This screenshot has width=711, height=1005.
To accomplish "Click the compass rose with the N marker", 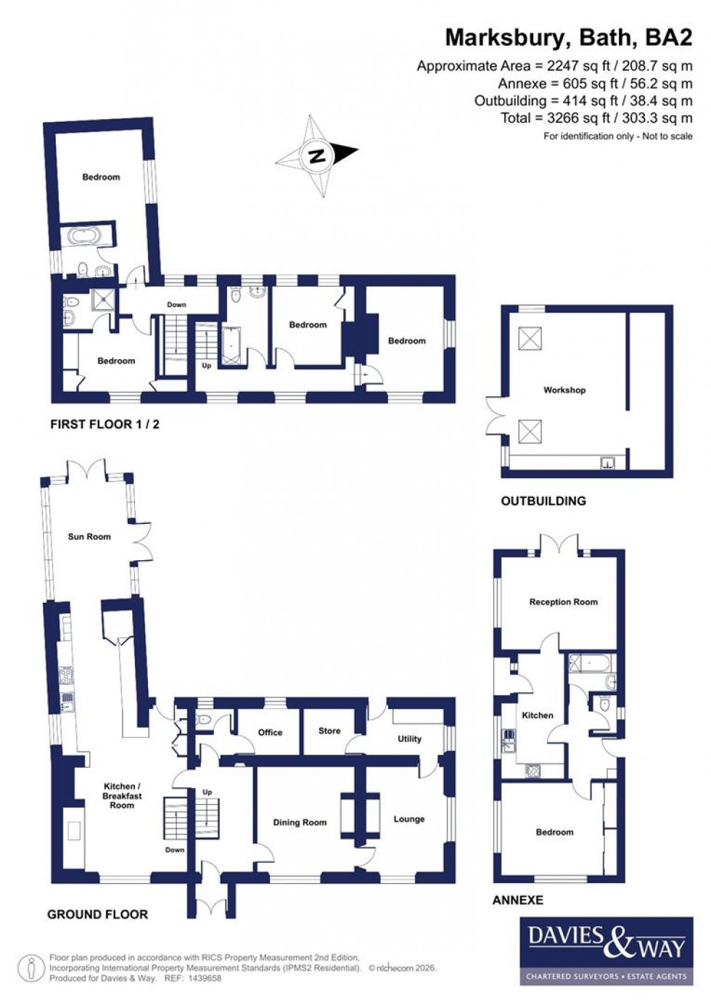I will [x=316, y=155].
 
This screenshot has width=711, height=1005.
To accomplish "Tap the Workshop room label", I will [x=564, y=390].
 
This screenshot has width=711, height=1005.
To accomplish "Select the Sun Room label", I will [x=89, y=536].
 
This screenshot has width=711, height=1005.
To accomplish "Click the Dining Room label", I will [x=300, y=822].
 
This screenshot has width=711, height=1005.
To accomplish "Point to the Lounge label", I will [x=408, y=819].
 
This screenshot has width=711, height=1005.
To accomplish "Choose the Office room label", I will [x=270, y=732].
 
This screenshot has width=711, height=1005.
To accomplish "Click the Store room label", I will [x=329, y=731].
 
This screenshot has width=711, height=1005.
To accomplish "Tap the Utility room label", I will [x=409, y=739].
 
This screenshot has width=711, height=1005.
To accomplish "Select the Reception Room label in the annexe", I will [x=563, y=602].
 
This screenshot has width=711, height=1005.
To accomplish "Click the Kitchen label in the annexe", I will [x=538, y=715].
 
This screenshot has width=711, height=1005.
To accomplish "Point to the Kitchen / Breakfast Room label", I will [x=122, y=795].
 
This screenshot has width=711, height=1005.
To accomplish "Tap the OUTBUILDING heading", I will [x=543, y=501].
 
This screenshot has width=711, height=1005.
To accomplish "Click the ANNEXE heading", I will [x=518, y=900].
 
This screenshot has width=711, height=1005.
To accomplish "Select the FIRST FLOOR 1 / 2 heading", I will [x=104, y=424].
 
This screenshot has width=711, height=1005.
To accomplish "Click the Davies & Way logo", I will [x=606, y=951].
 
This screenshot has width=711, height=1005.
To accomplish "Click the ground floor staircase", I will [x=175, y=818].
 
